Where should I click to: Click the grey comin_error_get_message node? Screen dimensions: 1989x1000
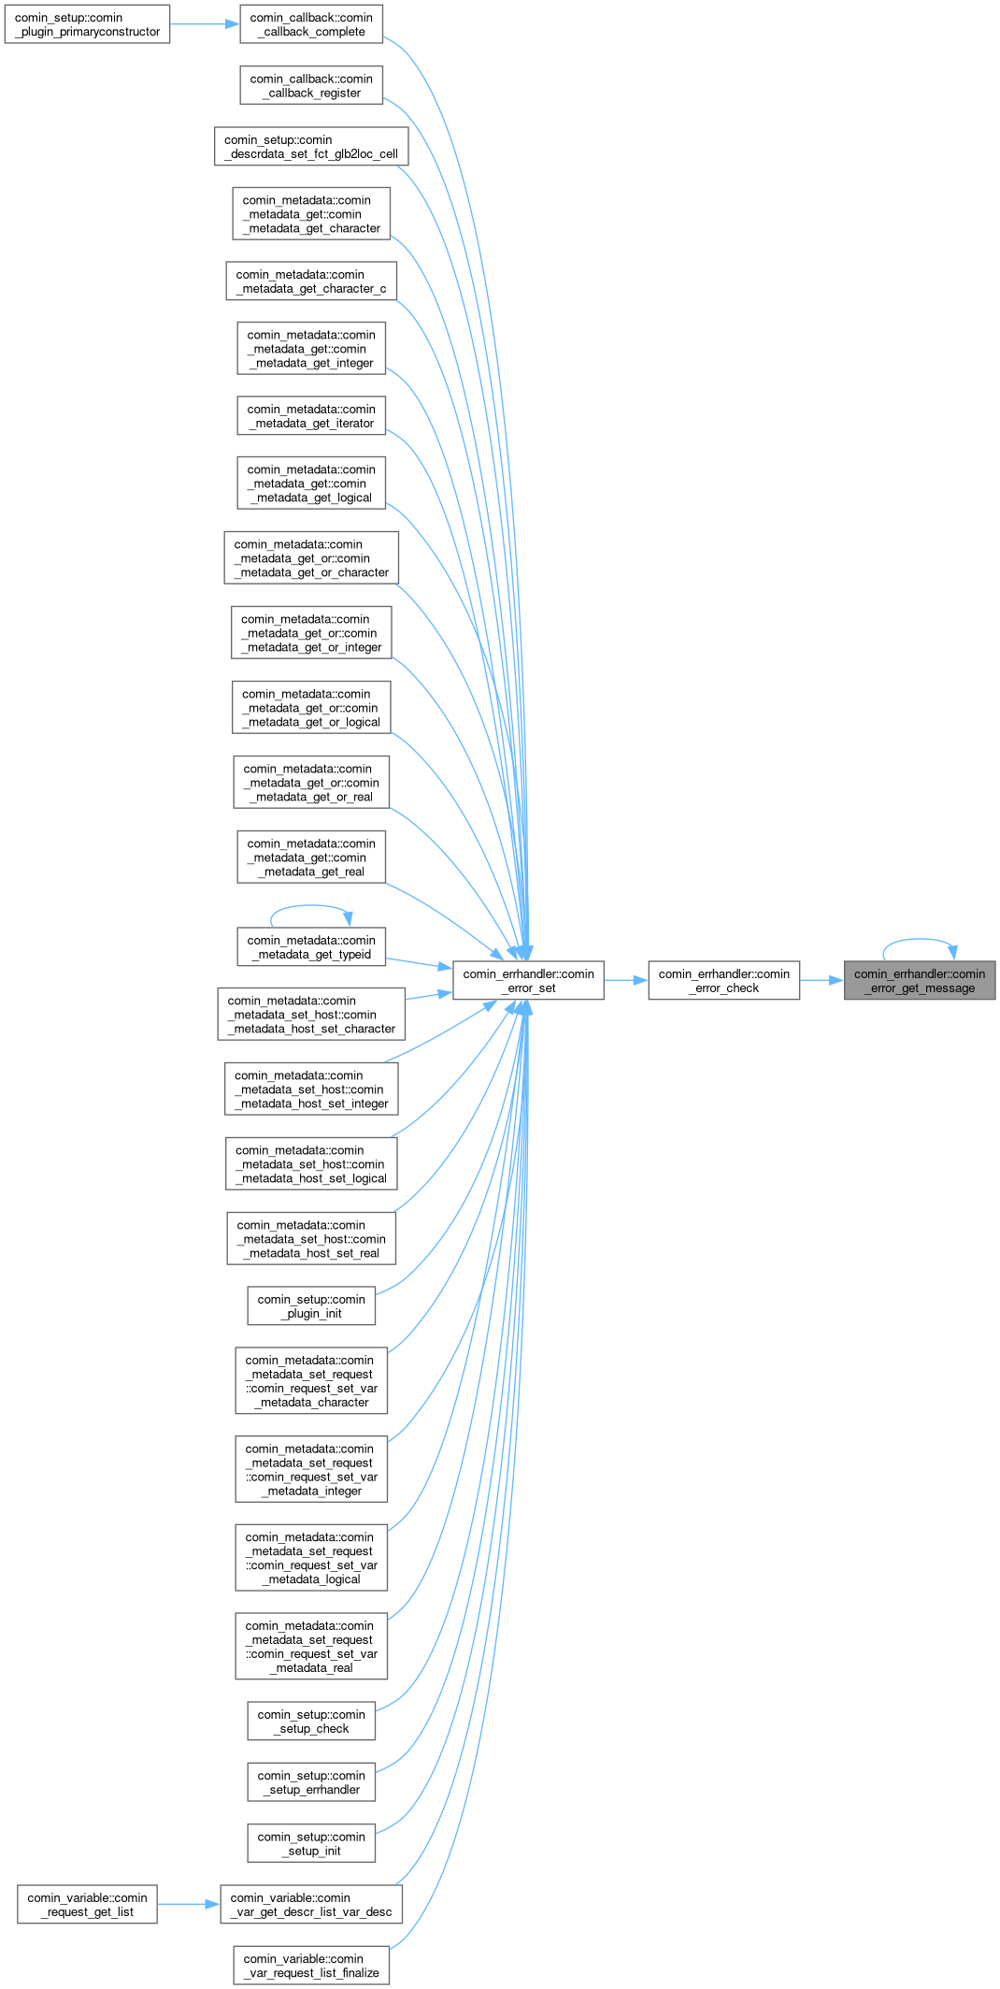pyautogui.click(x=920, y=981)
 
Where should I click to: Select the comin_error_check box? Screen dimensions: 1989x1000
pyautogui.click(x=723, y=981)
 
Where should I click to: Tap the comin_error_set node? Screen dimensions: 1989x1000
pyautogui.click(x=528, y=981)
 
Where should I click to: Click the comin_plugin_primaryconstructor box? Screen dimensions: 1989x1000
pyautogui.click(x=87, y=24)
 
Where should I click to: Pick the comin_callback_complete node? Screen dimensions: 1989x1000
pyautogui.click(x=311, y=24)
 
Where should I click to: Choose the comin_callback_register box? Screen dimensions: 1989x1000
pyautogui.click(x=311, y=86)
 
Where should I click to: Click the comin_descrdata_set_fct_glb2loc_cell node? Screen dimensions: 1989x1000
pyautogui.click(x=311, y=147)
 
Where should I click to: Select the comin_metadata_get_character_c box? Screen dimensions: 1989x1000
pyautogui.click(x=311, y=281)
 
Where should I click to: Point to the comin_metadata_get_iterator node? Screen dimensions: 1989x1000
pyautogui.click(x=311, y=416)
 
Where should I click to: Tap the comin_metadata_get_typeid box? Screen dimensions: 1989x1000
pyautogui.click(x=311, y=947)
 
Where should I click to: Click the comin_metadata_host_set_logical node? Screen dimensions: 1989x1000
pyautogui.click(x=311, y=1164)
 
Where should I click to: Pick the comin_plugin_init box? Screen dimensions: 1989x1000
pyautogui.click(x=311, y=1306)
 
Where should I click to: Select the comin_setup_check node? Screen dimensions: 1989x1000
pyautogui.click(x=311, y=1722)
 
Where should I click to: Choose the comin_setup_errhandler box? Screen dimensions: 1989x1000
pyautogui.click(x=311, y=1782)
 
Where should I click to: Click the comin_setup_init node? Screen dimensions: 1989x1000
pyautogui.click(x=311, y=1844)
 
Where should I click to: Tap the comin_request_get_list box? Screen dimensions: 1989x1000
pyautogui.click(x=87, y=1905)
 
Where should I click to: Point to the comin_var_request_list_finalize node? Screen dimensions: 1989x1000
pyautogui.click(x=311, y=1966)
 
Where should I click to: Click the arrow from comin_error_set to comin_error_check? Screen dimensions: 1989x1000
pyautogui.click(x=625, y=981)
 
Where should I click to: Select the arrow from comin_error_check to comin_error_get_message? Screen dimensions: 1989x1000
pyautogui.click(x=821, y=981)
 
